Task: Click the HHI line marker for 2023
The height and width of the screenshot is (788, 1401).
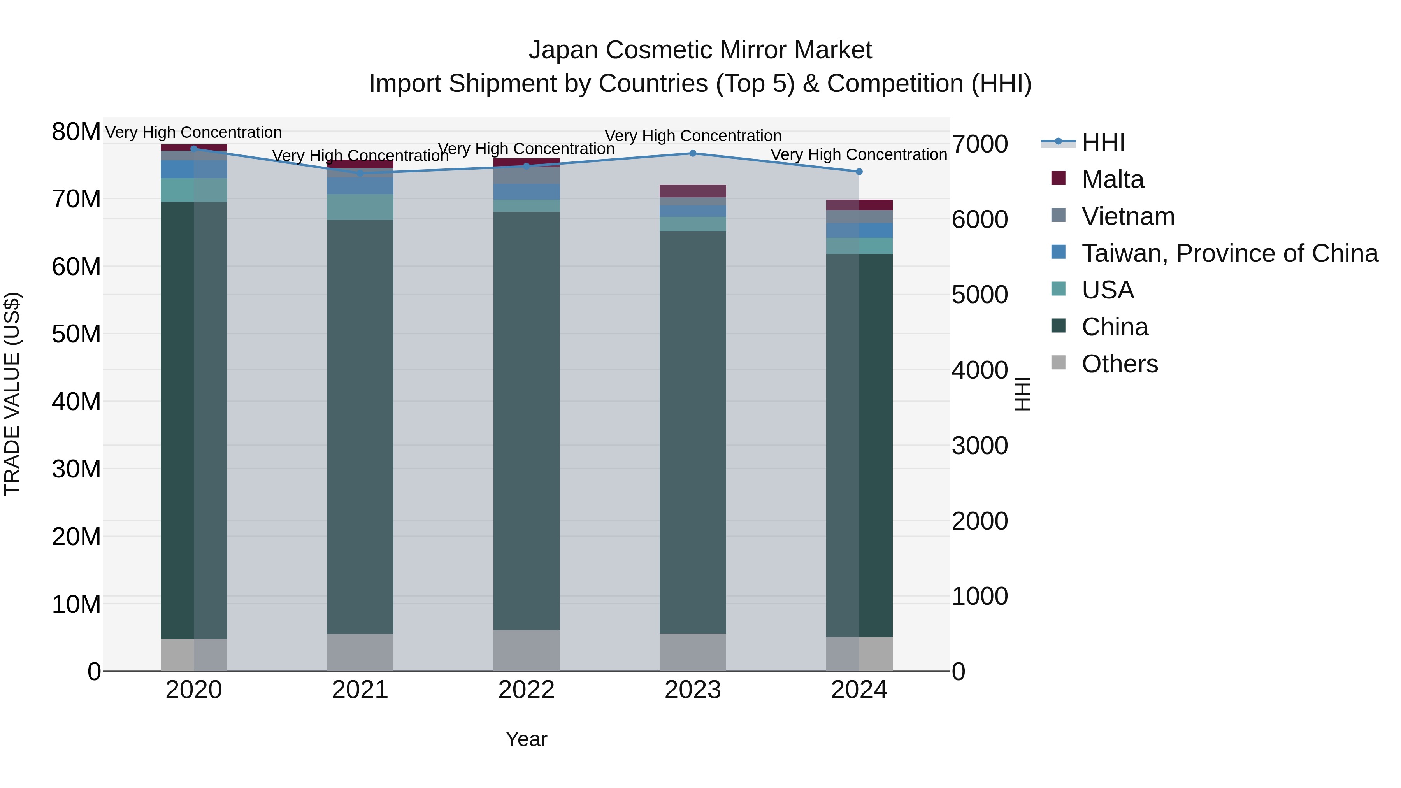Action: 692,153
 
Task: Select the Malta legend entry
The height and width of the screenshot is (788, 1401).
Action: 1112,179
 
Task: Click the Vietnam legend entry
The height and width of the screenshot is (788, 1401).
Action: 1127,216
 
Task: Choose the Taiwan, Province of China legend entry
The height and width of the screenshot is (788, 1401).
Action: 1229,253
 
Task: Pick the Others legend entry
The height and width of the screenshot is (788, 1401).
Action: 1119,364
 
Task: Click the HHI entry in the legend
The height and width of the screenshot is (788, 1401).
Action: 1103,142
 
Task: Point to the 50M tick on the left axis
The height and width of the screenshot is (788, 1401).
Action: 76,334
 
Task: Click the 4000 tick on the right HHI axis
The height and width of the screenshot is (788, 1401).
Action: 980,370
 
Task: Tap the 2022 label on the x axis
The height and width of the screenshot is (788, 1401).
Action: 526,690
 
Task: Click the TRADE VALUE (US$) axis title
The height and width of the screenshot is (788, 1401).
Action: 12,394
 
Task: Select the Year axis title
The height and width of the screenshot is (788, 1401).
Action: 526,739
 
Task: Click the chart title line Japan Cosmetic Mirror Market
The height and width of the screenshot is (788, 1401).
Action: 700,50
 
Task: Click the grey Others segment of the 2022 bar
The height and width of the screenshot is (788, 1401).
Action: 526,650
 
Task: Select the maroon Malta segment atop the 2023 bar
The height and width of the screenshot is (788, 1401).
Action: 692,191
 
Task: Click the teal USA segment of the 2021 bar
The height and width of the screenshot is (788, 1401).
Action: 360,207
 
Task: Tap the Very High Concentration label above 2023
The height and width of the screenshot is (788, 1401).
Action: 692,136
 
